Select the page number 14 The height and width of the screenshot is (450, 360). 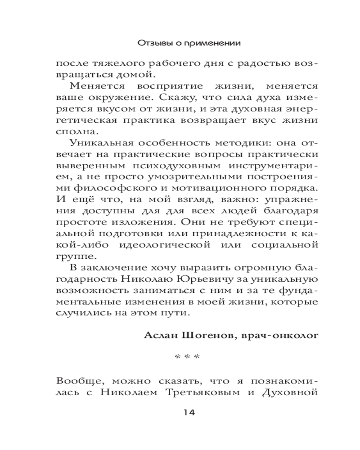pyautogui.click(x=187, y=413)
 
